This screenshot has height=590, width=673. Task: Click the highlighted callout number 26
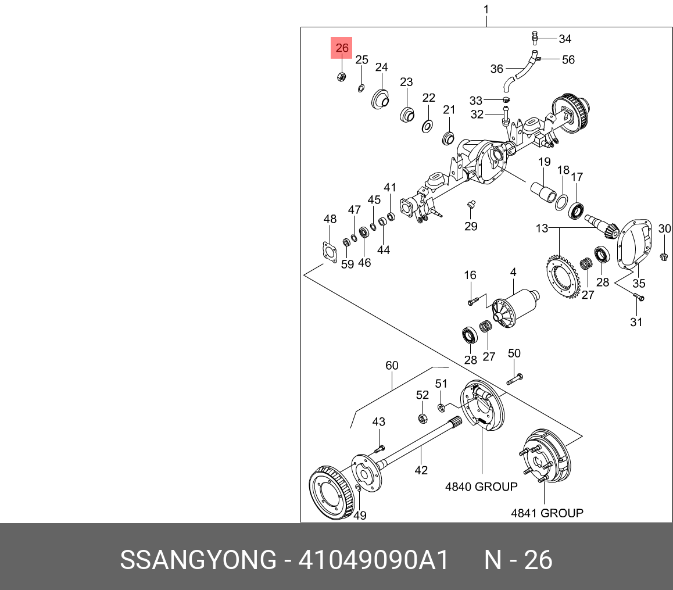(x=342, y=48)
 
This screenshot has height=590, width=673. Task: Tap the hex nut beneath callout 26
(x=342, y=77)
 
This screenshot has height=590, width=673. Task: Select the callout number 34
(x=565, y=39)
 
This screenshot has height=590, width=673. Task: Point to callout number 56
(x=567, y=59)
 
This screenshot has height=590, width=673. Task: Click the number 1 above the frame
(x=486, y=9)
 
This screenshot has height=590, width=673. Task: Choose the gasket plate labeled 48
(x=329, y=253)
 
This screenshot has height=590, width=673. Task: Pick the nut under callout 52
(x=423, y=418)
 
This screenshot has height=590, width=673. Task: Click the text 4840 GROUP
(x=481, y=487)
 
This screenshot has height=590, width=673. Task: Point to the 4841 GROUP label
(x=547, y=513)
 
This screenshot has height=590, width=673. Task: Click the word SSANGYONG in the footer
(x=198, y=560)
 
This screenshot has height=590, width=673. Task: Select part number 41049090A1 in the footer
(x=374, y=560)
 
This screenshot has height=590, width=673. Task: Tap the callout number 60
(x=392, y=365)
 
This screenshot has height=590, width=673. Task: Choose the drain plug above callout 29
(x=471, y=205)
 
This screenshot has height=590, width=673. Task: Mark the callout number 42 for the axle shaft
(x=421, y=470)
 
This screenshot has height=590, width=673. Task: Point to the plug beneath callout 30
(x=664, y=256)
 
